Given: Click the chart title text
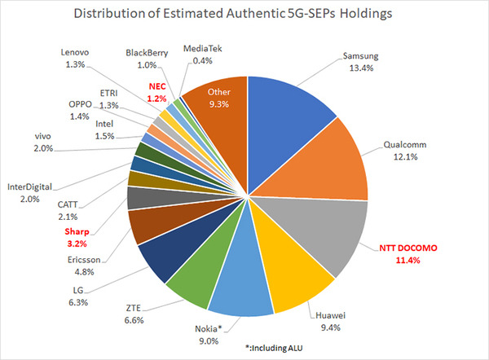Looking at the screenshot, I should tap(244, 15).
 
